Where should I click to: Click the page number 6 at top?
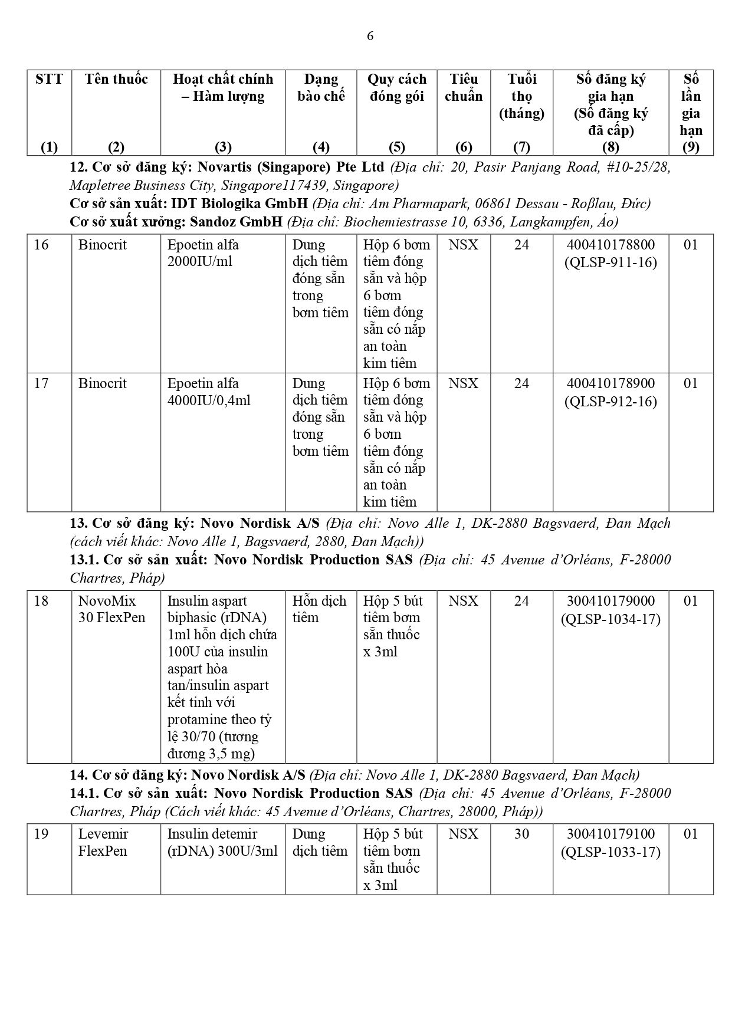coord(370,36)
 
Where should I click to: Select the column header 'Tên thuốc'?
coord(116,80)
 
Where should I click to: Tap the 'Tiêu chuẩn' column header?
coord(464,87)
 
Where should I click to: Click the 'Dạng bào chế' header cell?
coord(321,87)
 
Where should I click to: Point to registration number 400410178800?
coord(610,245)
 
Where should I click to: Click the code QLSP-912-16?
coord(610,401)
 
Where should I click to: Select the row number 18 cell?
coord(41,601)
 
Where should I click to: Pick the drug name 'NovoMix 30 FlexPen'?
coord(107,609)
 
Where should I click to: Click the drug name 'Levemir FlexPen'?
coord(103,842)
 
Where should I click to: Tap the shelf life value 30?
coord(521,834)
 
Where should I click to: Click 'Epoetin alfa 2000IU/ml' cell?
coord(203,253)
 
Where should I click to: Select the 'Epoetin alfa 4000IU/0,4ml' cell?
coord(209,392)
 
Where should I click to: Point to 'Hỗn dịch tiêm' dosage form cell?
coord(319,609)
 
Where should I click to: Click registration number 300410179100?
coord(610,834)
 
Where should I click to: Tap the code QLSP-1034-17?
coord(610,619)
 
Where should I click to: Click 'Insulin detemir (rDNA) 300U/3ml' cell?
coord(222,842)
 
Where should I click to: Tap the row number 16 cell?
coord(41,245)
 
